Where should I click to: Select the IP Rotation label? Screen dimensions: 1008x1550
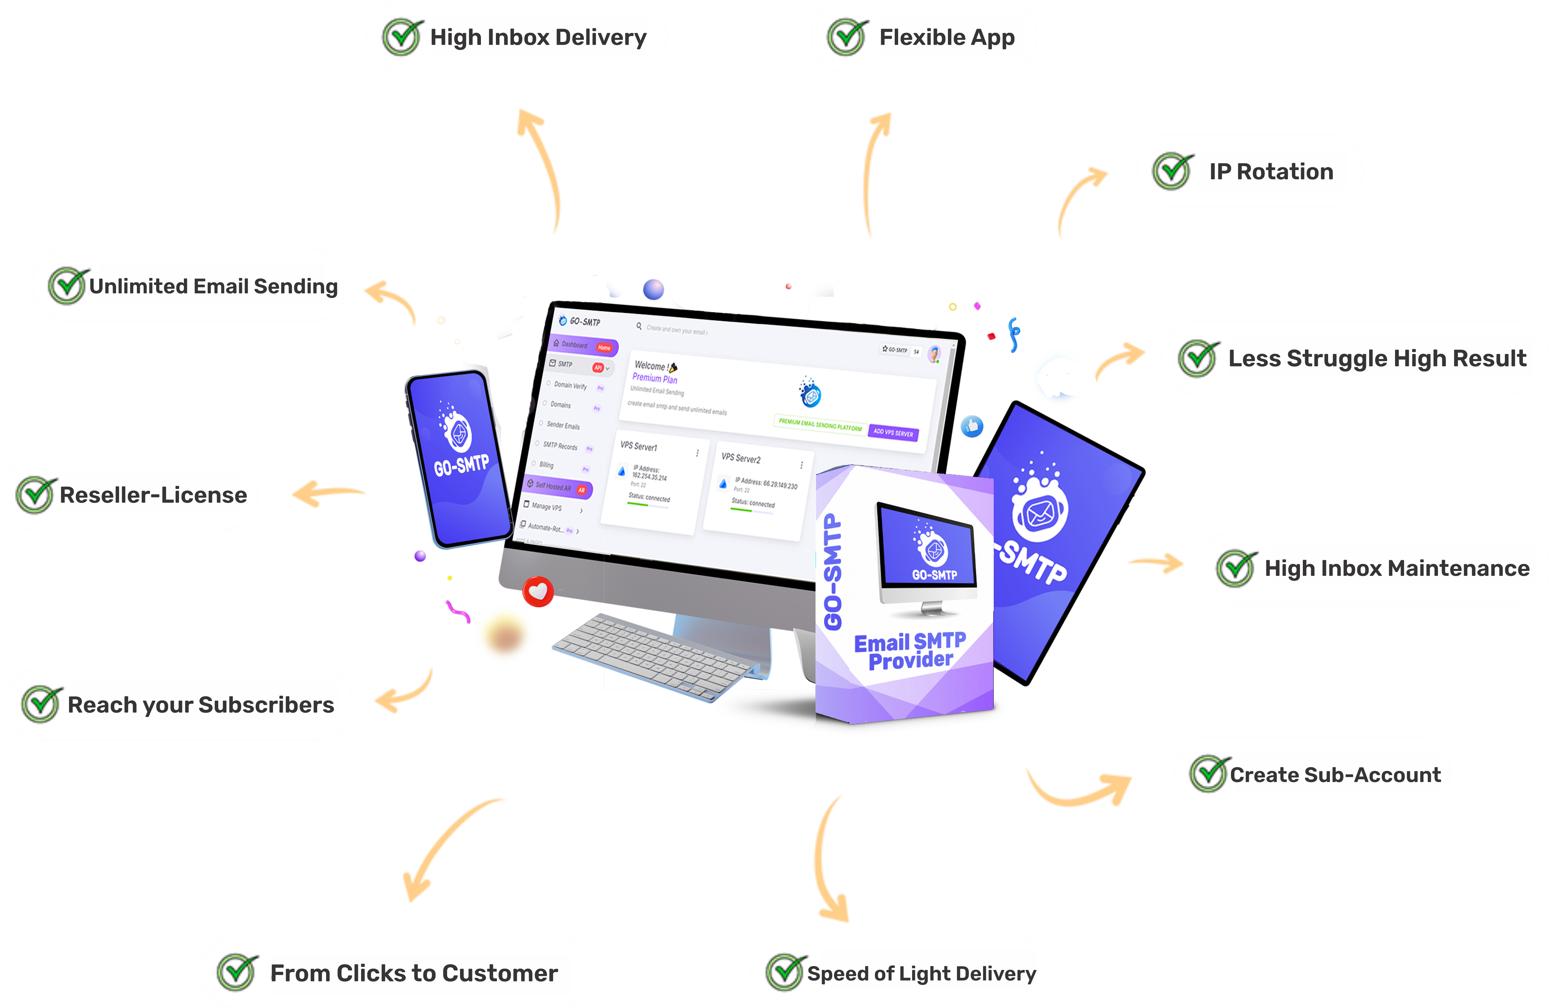(x=1271, y=171)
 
